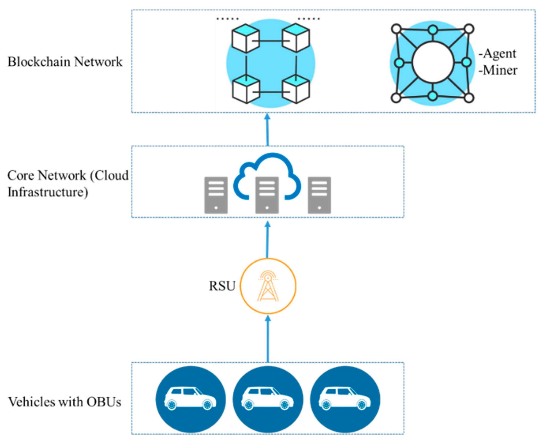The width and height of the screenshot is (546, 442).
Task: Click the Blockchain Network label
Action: click(x=65, y=62)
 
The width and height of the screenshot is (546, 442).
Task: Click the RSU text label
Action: click(x=222, y=286)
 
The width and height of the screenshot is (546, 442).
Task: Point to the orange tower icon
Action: click(x=268, y=286)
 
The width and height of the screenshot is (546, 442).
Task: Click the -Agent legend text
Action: click(x=497, y=54)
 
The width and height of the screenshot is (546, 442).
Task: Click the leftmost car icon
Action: click(x=190, y=399)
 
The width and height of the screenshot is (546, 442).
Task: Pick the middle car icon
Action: click(x=268, y=399)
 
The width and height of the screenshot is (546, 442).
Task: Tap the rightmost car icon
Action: click(x=345, y=399)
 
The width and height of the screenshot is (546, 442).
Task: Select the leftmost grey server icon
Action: click(x=216, y=195)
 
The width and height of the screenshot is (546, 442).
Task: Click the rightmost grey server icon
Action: click(x=319, y=195)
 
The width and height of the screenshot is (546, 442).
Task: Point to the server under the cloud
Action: click(x=267, y=195)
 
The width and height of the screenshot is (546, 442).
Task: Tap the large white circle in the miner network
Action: click(x=433, y=62)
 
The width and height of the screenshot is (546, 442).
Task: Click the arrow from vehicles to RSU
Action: click(x=268, y=339)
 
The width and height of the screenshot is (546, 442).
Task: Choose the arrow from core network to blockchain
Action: click(x=267, y=130)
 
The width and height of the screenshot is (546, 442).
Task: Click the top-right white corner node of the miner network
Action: click(x=469, y=29)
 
